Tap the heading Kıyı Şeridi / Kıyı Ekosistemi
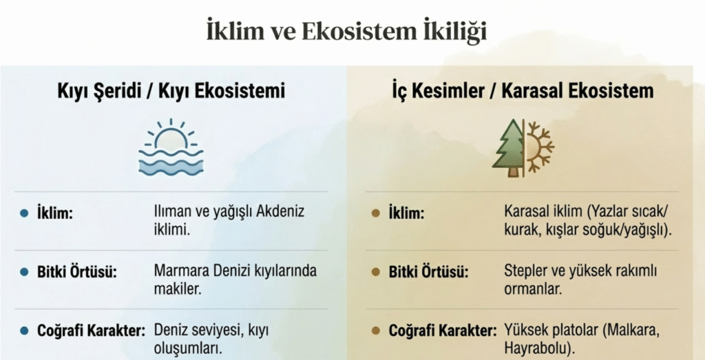pyautogui.click(x=171, y=92)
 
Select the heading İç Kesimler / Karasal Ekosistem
pyautogui.click(x=522, y=91)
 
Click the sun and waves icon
pyautogui.click(x=171, y=147)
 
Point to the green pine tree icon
pyautogui.click(x=508, y=148)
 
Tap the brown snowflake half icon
pyautogui.click(x=540, y=147)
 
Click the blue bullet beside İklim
pyautogui.click(x=24, y=213)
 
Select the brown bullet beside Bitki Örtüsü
pyautogui.click(x=376, y=272)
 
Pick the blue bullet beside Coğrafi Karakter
pyautogui.click(x=24, y=331)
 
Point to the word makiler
pyautogui.click(x=177, y=289)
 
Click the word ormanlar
pyautogui.click(x=533, y=289)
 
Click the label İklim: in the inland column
pyautogui.click(x=406, y=213)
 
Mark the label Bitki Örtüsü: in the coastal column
pyautogui.click(x=76, y=272)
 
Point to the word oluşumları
pyautogui.click(x=189, y=349)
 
